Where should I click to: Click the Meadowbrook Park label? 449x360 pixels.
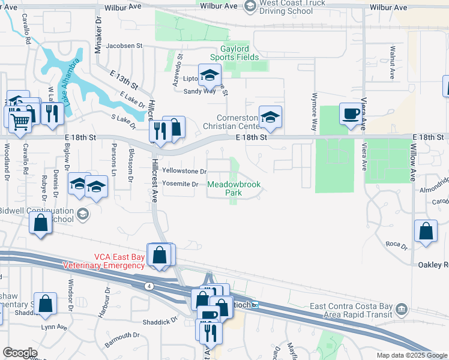coord(234,189)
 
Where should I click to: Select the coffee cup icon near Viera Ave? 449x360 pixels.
coord(351,113)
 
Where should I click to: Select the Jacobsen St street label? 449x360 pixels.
coord(124,46)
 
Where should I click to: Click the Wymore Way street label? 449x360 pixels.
coord(313,112)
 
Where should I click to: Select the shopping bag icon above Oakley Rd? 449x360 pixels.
coord(426,232)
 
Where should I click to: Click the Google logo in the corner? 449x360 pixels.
coord(20,353)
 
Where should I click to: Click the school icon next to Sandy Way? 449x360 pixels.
coord(210,76)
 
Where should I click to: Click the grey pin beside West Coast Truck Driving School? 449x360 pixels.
coord(250,6)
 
